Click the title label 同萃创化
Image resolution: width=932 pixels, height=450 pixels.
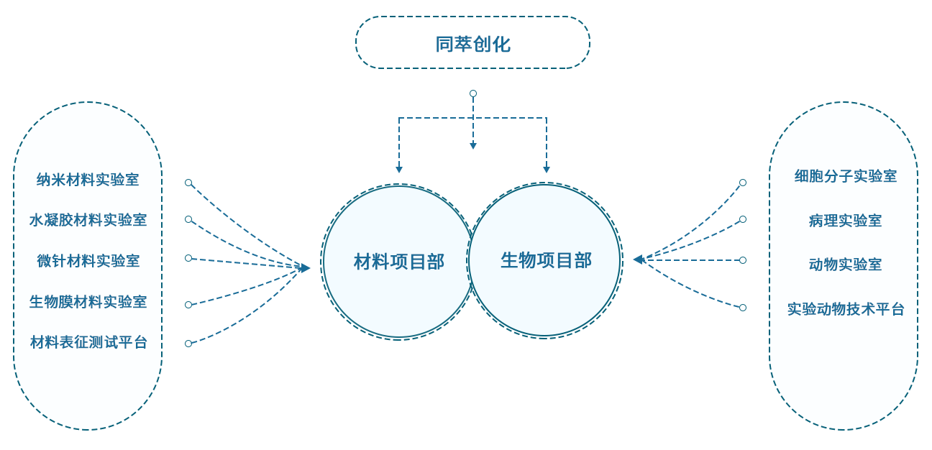coord(472,44)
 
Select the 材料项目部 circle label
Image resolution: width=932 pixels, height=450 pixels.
coord(399,262)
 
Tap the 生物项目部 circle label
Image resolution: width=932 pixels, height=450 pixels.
coord(546,260)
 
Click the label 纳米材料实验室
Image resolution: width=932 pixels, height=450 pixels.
coord(88,179)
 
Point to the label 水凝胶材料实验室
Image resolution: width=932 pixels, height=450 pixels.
coord(88,219)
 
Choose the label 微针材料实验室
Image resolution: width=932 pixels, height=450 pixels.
coord(88,261)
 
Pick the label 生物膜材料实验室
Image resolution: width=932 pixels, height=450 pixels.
coord(88,301)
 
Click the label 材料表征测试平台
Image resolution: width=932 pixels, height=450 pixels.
coord(88,342)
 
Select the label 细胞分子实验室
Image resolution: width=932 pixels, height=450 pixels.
coord(846,176)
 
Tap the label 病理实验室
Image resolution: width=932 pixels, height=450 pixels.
coord(846,221)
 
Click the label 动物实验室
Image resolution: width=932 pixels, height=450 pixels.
coord(846,264)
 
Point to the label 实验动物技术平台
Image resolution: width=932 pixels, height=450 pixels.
coord(846,309)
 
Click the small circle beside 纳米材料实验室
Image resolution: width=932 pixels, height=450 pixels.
coord(188,183)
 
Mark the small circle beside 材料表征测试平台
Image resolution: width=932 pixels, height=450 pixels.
coord(188,344)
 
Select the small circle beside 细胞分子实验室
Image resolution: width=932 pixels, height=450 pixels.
coord(743,183)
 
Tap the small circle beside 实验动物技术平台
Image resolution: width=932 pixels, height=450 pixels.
coord(743,308)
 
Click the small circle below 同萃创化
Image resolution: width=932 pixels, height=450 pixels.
coord(473,93)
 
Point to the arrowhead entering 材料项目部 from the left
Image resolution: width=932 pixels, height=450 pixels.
coord(306,268)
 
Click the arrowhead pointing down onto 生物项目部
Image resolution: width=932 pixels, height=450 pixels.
coord(547,170)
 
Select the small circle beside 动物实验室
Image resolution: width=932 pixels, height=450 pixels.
coord(743,260)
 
